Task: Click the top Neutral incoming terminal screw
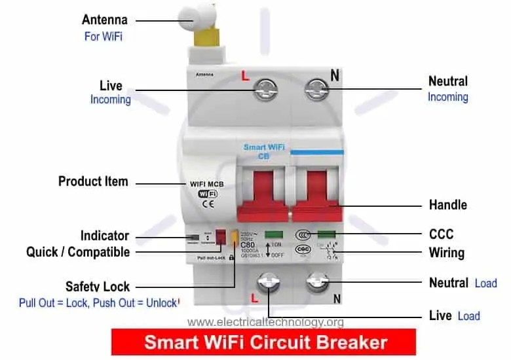point(318,90)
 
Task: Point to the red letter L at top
point(246,76)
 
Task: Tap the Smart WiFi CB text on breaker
point(263,151)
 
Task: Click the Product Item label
point(93,181)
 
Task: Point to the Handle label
point(447,205)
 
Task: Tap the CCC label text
point(441,234)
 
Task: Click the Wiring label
point(446,253)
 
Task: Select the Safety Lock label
point(98,287)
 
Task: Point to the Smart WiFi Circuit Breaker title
point(265,342)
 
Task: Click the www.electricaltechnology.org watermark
point(265,322)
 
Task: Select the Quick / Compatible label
point(78,252)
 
